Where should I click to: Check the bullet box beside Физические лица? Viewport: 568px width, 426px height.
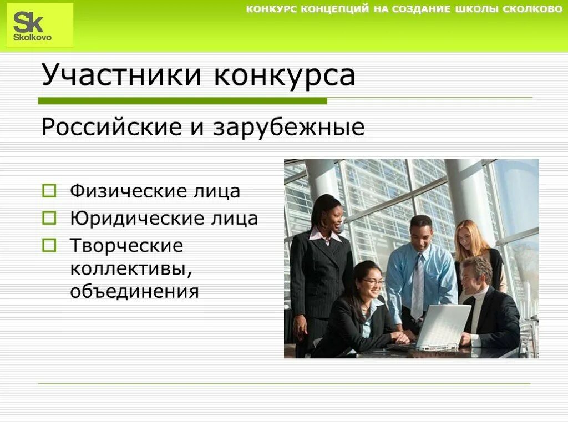tap(49, 191)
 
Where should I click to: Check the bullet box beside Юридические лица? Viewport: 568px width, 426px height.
tap(49, 218)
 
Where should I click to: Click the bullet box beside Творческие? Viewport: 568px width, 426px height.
tap(49, 244)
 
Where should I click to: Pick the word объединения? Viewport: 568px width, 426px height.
tap(134, 290)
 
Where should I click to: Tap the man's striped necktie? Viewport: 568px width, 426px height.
tap(418, 286)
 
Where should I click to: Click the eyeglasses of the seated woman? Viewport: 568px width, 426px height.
tap(373, 282)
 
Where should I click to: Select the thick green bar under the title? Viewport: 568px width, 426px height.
tap(182, 101)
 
